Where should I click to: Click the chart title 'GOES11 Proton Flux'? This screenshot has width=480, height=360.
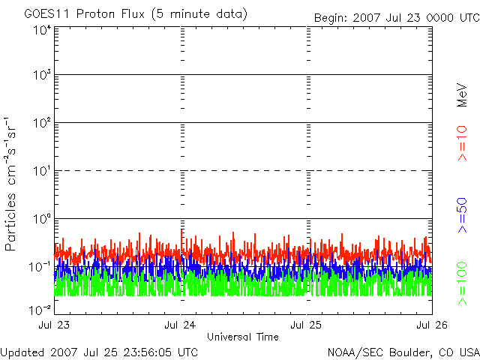[84, 14]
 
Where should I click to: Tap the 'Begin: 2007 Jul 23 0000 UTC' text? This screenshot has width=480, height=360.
[397, 18]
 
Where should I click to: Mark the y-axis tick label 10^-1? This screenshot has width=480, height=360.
[40, 267]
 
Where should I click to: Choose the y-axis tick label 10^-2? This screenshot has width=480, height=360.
[40, 310]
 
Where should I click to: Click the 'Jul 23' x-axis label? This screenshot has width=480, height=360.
[54, 325]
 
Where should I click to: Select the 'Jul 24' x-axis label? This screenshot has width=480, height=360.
[180, 325]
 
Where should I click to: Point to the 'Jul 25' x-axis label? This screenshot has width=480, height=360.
[306, 325]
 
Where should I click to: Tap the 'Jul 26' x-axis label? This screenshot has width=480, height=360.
[432, 325]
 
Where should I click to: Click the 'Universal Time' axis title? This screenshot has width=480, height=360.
[243, 337]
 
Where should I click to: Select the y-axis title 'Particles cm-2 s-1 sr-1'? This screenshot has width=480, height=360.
[10, 184]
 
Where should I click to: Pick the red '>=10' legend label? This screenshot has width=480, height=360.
[462, 143]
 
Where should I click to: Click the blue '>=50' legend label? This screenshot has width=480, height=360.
[462, 215]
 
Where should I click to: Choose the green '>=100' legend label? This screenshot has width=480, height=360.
[462, 283]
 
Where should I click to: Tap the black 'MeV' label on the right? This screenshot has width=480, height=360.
[462, 95]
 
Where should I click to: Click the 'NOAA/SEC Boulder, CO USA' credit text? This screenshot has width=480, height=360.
[403, 352]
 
